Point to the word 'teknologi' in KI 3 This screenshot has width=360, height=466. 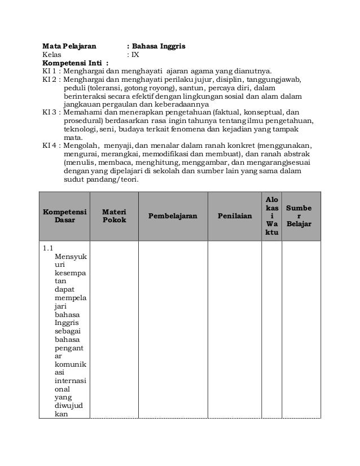[80, 129]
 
